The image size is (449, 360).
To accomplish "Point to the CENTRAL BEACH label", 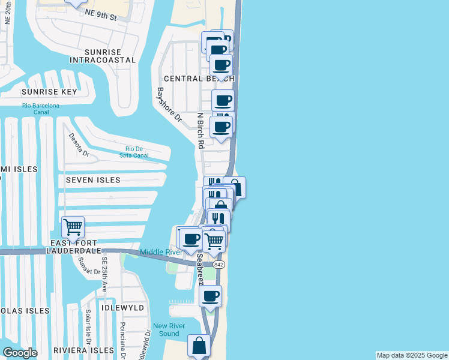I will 198,79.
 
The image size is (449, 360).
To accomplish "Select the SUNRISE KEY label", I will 49,92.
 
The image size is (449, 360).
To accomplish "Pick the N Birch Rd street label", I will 201,130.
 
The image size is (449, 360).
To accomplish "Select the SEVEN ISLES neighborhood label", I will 93,180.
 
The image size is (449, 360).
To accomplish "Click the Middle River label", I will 161,252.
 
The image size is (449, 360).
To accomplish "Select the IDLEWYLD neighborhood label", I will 123,307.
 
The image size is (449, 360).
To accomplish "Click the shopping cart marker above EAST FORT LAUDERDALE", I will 73,227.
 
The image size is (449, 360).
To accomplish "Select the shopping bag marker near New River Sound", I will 199,346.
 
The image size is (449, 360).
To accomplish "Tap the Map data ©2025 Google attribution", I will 412,355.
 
